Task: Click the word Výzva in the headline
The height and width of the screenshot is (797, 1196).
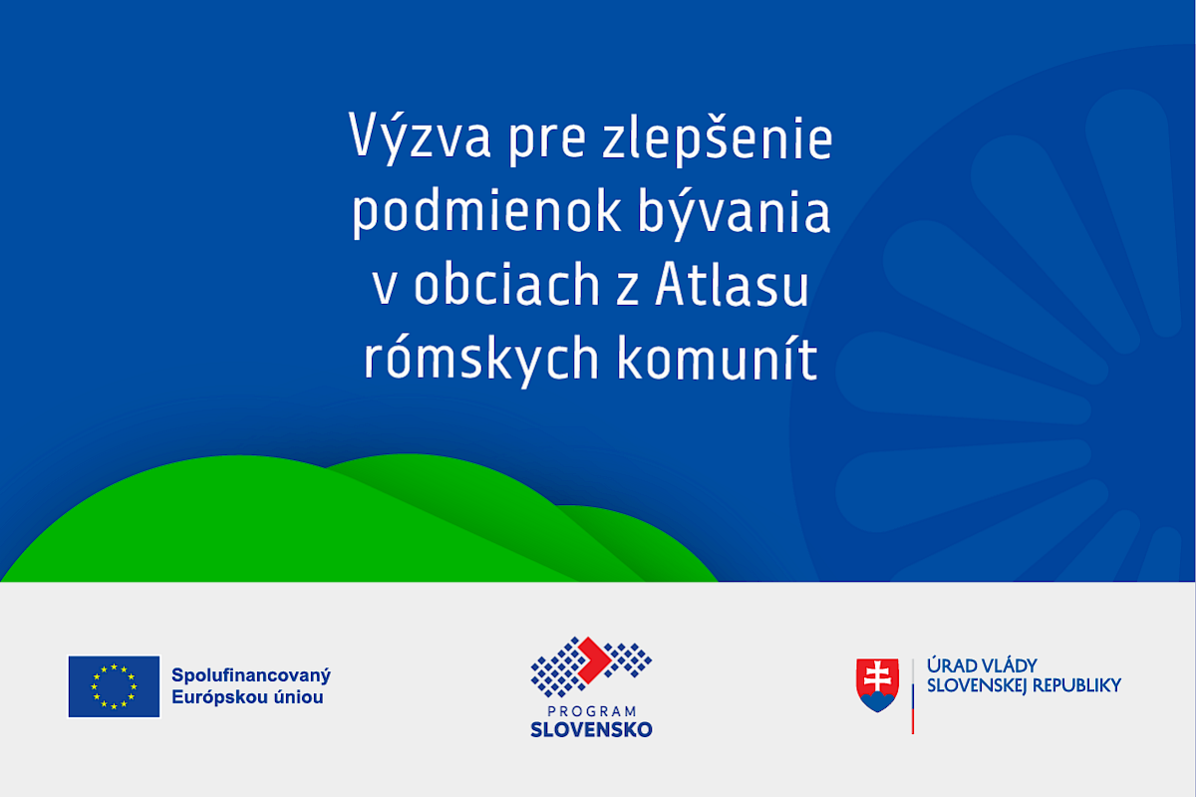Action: pyautogui.click(x=420, y=136)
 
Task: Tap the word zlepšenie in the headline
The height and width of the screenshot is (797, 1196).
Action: pyautogui.click(x=717, y=136)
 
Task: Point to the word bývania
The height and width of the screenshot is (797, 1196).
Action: pyautogui.click(x=734, y=212)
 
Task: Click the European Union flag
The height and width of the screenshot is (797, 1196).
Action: pyautogui.click(x=114, y=686)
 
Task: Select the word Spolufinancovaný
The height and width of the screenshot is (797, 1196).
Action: pyautogui.click(x=251, y=675)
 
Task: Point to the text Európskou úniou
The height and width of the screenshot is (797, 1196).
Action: pyautogui.click(x=247, y=697)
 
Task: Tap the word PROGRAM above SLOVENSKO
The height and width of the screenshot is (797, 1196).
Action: pyautogui.click(x=592, y=711)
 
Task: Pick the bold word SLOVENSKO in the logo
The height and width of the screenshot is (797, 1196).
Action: pyautogui.click(x=592, y=729)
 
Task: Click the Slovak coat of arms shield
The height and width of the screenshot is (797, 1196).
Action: pyautogui.click(x=878, y=684)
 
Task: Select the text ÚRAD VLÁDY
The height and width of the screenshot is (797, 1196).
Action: pyautogui.click(x=982, y=665)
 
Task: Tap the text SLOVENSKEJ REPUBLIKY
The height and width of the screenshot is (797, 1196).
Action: pyautogui.click(x=1025, y=686)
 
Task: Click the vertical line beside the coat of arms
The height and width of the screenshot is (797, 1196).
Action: pyautogui.click(x=913, y=696)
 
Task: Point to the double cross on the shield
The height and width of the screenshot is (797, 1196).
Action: pyautogui.click(x=878, y=676)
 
